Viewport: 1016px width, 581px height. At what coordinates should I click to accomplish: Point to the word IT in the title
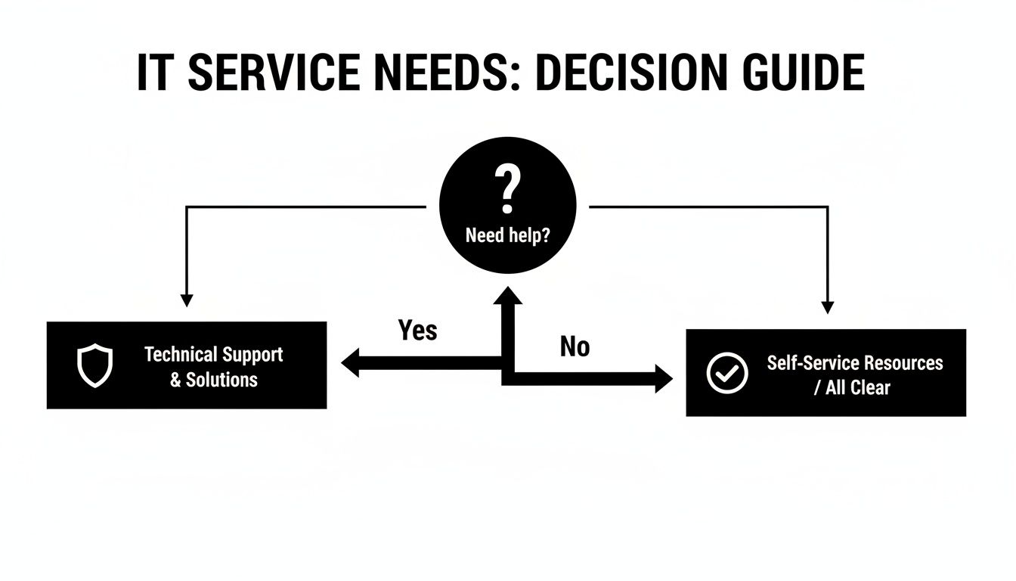click(x=156, y=73)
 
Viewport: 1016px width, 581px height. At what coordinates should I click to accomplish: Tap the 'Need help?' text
click(x=507, y=235)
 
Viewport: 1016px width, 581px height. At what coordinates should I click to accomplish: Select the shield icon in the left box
click(x=95, y=366)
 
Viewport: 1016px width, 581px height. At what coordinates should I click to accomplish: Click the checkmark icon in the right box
click(x=726, y=373)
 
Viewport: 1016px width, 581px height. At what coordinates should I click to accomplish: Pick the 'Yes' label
click(x=417, y=330)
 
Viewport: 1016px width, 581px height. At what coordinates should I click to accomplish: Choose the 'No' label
click(x=575, y=346)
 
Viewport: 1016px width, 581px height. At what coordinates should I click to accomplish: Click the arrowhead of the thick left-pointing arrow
click(x=351, y=363)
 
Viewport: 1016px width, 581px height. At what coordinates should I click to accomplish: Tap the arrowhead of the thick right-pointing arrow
click(x=663, y=378)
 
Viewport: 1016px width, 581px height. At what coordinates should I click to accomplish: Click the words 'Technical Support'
click(x=213, y=355)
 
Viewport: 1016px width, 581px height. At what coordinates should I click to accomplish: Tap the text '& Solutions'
click(x=213, y=380)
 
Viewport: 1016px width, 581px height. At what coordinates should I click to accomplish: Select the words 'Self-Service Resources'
click(x=854, y=362)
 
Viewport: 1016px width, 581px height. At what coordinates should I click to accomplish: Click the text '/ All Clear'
click(x=852, y=388)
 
